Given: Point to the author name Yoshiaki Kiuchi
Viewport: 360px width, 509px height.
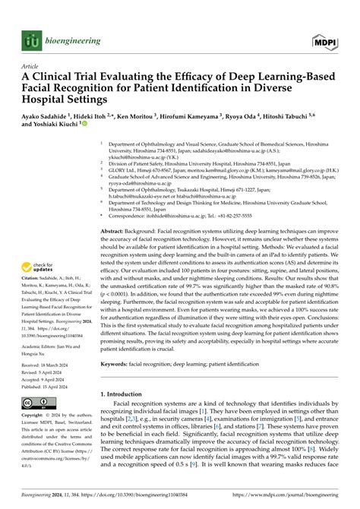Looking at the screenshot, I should click(x=52, y=130).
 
